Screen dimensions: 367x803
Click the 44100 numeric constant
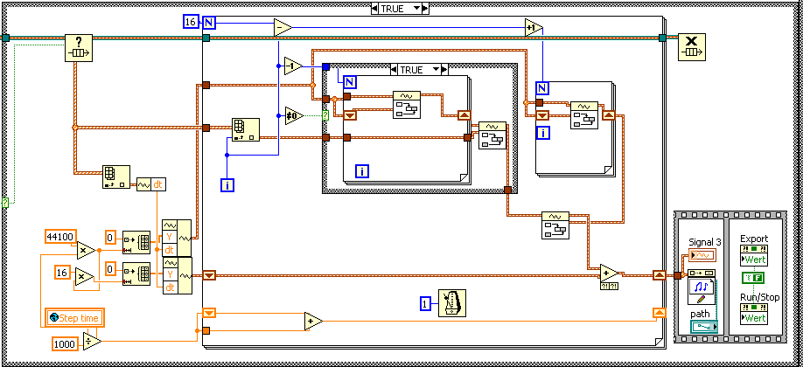coord(59,236)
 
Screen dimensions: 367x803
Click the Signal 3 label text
coord(702,240)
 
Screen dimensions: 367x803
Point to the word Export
coord(754,239)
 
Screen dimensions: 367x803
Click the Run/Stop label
coord(758,297)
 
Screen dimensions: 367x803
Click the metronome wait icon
coord(452,303)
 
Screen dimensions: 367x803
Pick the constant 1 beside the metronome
coord(424,304)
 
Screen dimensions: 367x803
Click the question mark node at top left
coord(78,48)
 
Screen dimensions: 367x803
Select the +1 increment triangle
coord(534,28)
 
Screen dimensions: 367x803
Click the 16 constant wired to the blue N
coord(191,21)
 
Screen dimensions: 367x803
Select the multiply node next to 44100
coord(86,250)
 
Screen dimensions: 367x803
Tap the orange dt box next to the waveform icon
coord(159,183)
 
